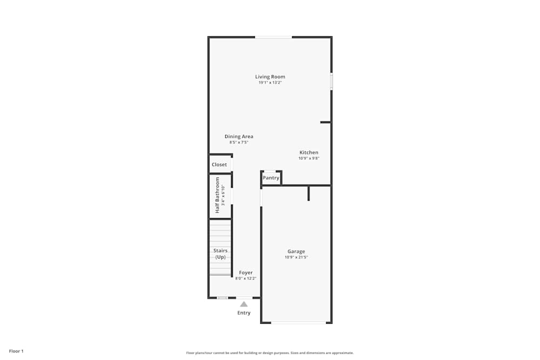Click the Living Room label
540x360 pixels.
(x=270, y=77)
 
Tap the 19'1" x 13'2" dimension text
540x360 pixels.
(x=270, y=83)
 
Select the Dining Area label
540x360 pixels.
(x=239, y=137)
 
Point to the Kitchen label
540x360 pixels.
(x=309, y=152)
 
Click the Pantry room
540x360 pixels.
(x=271, y=178)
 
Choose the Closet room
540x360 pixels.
(x=219, y=165)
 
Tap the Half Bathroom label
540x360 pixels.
(x=218, y=195)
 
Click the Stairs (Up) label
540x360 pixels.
(x=220, y=254)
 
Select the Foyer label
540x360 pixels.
(x=246, y=273)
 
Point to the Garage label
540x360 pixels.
(x=296, y=252)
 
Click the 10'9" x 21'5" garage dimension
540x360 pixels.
(x=296, y=257)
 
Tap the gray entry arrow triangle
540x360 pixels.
(x=244, y=304)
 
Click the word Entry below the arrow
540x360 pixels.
(x=244, y=313)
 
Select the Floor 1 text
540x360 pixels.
(x=16, y=351)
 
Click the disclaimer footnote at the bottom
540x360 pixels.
(x=270, y=352)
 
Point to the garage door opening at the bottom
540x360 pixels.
(x=299, y=323)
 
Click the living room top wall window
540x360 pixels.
(x=273, y=37)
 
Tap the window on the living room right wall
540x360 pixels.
(x=331, y=81)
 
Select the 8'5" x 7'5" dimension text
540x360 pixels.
(x=239, y=142)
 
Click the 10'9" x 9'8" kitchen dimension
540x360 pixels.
(x=309, y=158)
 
